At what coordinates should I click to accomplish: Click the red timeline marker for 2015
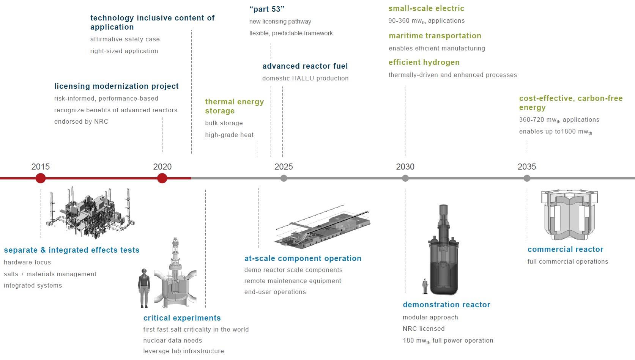(x=41, y=178)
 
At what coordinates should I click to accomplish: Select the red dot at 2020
(x=162, y=178)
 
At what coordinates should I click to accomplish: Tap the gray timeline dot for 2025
(x=284, y=178)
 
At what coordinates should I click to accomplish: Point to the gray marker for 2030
(x=405, y=178)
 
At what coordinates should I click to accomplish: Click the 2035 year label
(x=527, y=167)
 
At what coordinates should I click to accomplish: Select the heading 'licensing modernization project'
(x=117, y=86)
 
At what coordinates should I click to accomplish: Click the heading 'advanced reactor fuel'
(x=305, y=66)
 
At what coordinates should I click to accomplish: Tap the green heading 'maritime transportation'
(x=435, y=36)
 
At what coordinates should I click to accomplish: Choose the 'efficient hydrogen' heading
(x=424, y=62)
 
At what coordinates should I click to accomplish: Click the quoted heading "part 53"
(x=267, y=9)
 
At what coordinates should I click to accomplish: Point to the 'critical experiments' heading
(x=182, y=318)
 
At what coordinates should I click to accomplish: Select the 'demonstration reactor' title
(x=446, y=305)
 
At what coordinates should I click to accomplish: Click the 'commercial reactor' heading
(x=565, y=249)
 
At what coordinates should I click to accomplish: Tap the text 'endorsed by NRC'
(x=81, y=121)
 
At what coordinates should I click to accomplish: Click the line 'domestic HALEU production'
(x=305, y=78)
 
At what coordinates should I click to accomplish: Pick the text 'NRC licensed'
(x=424, y=329)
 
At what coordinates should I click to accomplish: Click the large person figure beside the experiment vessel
(x=144, y=288)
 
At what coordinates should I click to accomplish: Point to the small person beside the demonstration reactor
(x=425, y=286)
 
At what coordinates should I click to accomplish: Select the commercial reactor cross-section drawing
(x=569, y=215)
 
